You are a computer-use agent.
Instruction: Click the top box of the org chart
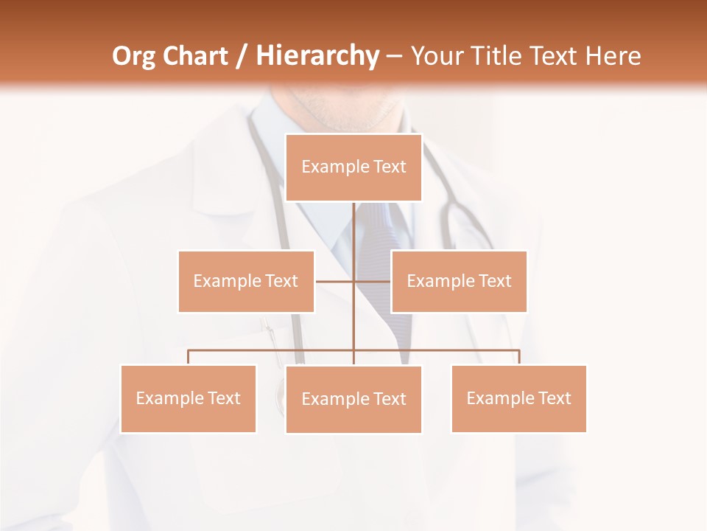[353, 167]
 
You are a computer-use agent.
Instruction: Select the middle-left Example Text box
[246, 281]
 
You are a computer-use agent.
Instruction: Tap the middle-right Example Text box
[459, 281]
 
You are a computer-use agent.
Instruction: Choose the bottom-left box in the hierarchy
[189, 398]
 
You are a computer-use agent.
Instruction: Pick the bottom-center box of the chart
[353, 399]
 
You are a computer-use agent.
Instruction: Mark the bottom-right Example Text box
[518, 398]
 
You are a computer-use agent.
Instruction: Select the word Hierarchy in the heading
[317, 56]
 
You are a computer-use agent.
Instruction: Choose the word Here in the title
[613, 56]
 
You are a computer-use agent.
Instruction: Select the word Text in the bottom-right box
[555, 398]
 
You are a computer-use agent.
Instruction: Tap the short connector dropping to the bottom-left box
[189, 357]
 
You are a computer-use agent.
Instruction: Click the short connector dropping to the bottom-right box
[519, 357]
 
